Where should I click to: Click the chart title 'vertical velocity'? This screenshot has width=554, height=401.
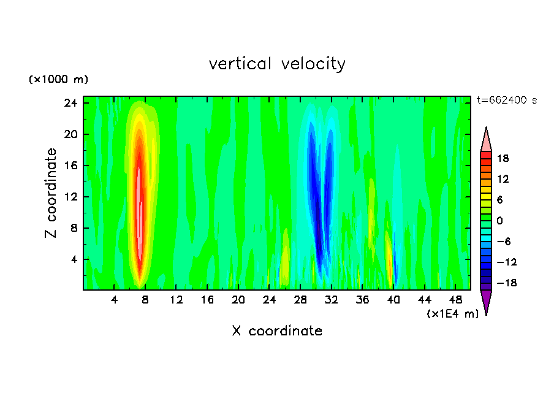(277, 64)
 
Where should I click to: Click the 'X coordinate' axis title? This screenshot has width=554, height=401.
(277, 331)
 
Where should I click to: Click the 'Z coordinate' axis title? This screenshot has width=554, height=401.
(51, 193)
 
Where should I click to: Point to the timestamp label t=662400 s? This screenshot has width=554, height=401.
(506, 101)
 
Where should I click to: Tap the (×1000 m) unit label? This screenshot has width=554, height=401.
(58, 80)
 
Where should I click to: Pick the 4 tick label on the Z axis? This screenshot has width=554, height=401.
(74, 259)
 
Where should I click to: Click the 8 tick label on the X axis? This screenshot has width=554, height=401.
(145, 300)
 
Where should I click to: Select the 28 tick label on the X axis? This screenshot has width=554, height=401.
(300, 300)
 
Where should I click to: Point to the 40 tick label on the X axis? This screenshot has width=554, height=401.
(393, 300)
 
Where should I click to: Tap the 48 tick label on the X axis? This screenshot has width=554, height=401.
(455, 300)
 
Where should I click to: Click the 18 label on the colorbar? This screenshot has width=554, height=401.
(503, 158)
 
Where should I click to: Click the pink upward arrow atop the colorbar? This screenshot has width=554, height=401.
(486, 139)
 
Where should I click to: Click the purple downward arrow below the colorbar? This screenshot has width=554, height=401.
(486, 302)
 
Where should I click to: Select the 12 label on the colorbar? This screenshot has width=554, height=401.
(503, 179)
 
